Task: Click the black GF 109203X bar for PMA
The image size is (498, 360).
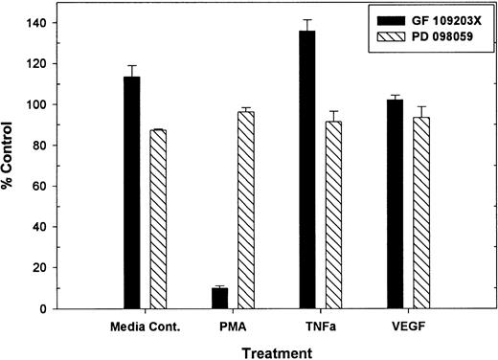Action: tap(219, 298)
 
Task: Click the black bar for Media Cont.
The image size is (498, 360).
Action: tap(131, 192)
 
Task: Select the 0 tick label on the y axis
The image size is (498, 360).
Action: tap(50, 309)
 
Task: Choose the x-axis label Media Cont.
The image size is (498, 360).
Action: tap(144, 326)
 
